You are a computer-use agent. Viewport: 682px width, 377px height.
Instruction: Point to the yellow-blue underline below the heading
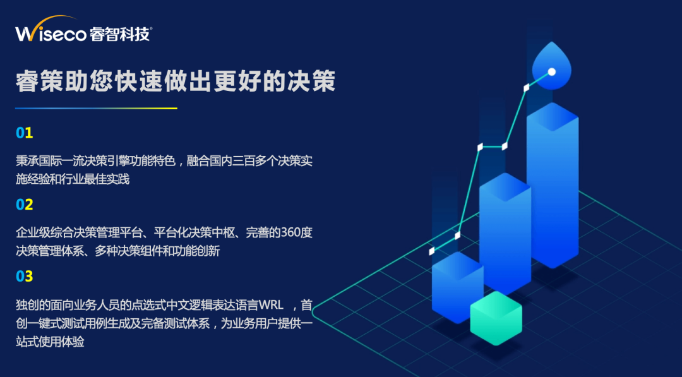[x=96, y=108]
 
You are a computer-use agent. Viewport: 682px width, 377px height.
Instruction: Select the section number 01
[x=25, y=133]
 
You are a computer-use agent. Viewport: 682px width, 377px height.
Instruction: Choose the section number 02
[x=25, y=205]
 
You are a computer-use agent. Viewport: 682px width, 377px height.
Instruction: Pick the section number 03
[x=25, y=276]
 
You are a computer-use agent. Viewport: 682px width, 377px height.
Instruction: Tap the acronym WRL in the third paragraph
[x=271, y=305]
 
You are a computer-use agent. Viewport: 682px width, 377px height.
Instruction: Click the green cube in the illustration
[x=496, y=318]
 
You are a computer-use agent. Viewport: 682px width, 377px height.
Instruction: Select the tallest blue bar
[x=553, y=185]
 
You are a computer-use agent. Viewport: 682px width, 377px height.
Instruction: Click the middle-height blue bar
[x=505, y=232]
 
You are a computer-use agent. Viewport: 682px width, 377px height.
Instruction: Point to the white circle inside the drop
[x=551, y=72]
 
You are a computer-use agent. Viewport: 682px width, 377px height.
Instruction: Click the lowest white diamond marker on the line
[x=431, y=251]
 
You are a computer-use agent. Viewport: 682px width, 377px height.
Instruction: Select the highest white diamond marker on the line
[x=526, y=88]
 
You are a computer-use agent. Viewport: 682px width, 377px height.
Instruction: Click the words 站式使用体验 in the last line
[x=50, y=342]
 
